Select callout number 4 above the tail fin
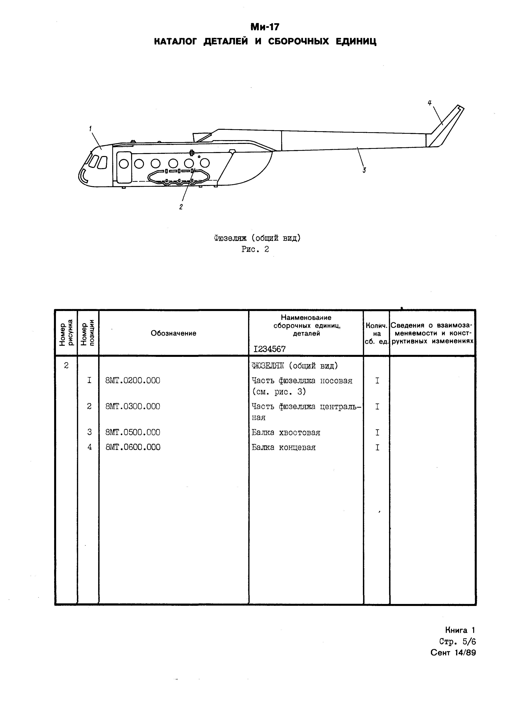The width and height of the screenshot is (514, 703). (x=430, y=103)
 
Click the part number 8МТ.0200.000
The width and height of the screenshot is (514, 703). (x=133, y=380)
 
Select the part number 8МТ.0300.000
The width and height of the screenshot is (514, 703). (x=133, y=406)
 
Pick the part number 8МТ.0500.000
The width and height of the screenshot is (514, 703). (x=133, y=432)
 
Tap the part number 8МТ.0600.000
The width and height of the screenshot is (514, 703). (x=133, y=447)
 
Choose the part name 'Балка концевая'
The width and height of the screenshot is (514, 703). (x=283, y=447)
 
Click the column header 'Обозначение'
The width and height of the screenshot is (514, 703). (x=173, y=333)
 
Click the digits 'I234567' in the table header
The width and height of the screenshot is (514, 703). (x=269, y=349)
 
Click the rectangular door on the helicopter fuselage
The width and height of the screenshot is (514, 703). (x=124, y=167)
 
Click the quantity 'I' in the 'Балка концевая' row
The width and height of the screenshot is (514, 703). (x=377, y=447)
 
